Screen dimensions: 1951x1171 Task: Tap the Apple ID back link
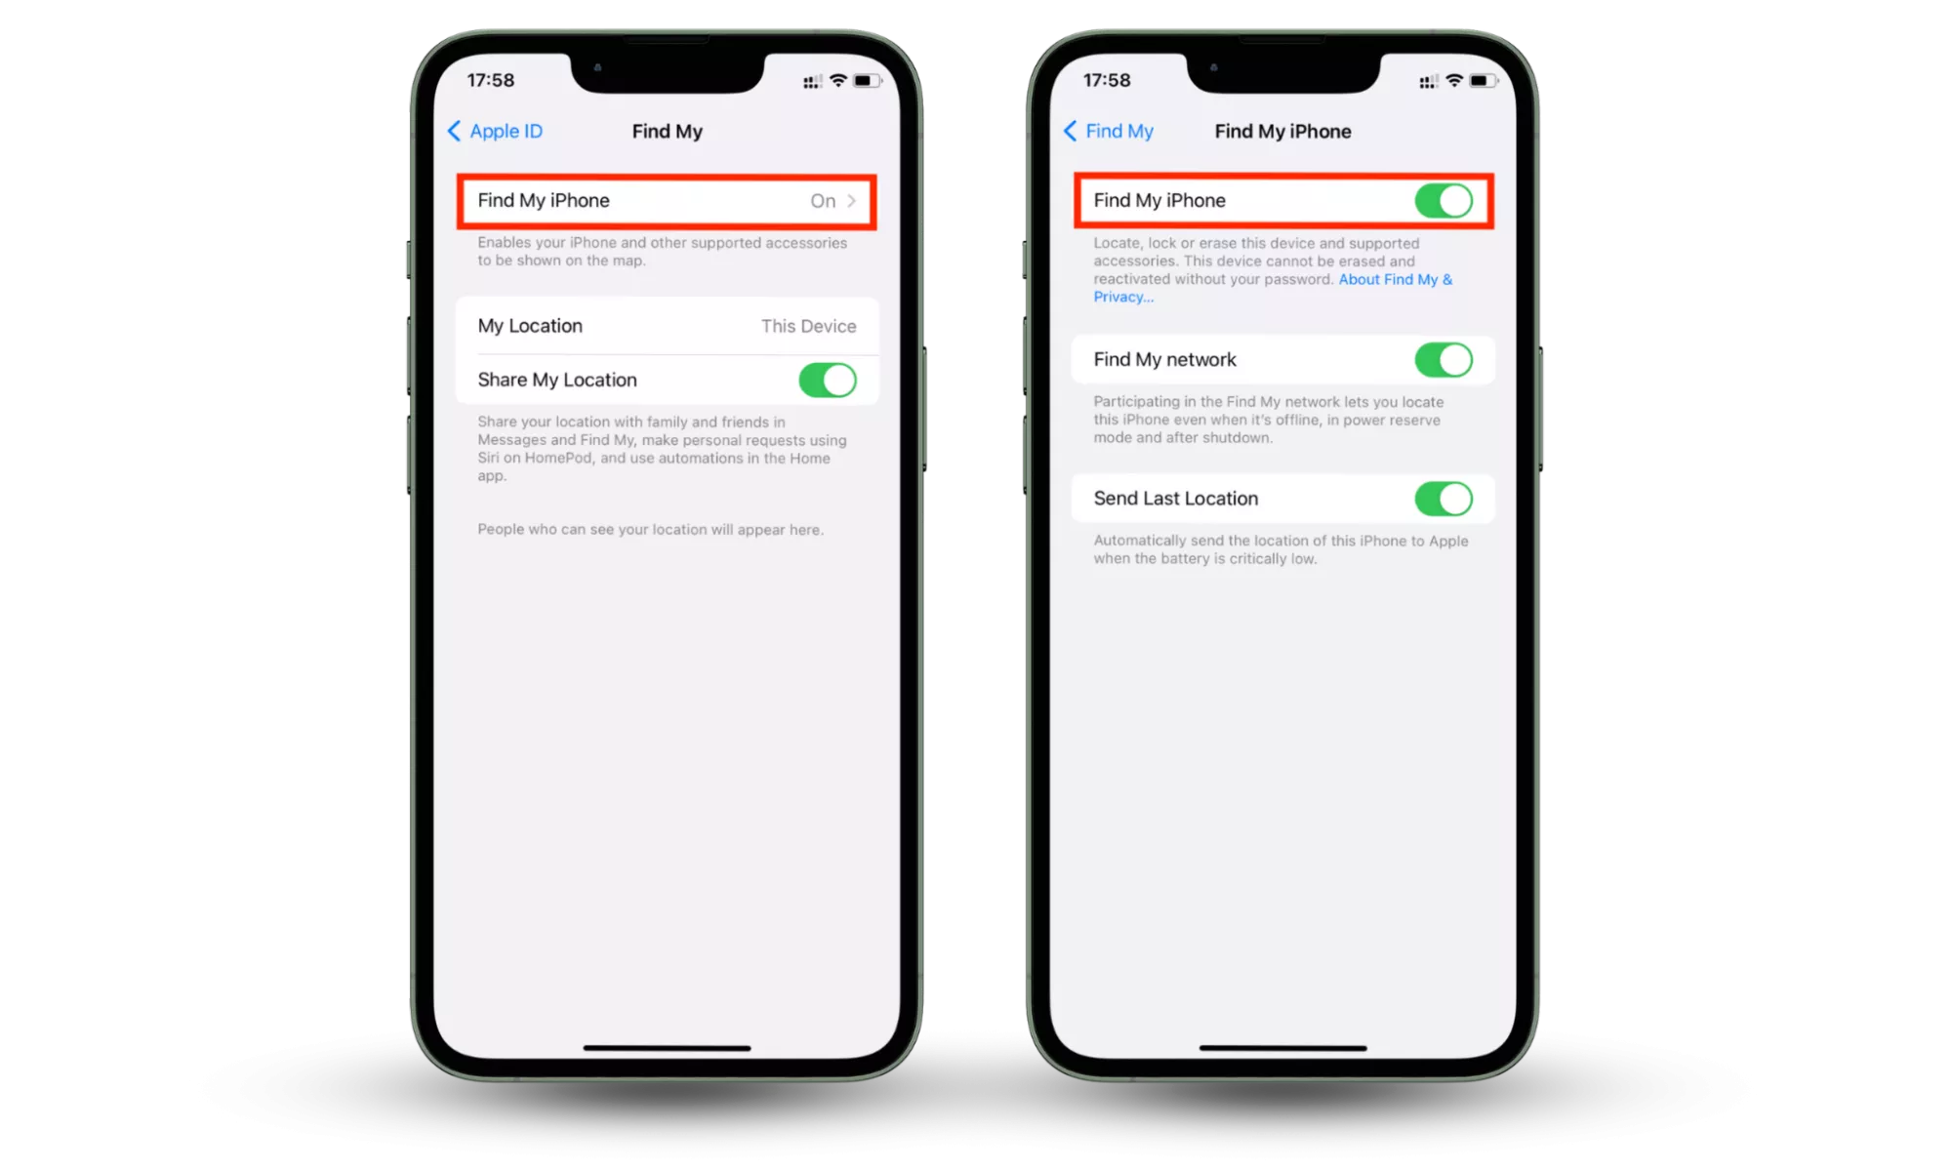(495, 131)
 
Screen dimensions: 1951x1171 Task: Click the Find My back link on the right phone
(1109, 131)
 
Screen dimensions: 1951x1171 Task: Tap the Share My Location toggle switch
(828, 380)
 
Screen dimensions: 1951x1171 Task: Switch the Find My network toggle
(1443, 360)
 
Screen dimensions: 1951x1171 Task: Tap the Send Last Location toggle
(1443, 499)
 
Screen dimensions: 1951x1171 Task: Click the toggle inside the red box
(1443, 201)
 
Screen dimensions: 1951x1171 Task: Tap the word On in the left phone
(823, 201)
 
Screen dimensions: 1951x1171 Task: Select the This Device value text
(809, 326)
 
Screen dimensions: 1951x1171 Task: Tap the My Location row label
(530, 326)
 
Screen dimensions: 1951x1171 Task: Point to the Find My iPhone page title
(1282, 131)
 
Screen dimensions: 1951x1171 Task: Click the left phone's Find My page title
(668, 131)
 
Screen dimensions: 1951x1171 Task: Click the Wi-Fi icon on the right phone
(1454, 80)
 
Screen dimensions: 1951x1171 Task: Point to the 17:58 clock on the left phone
(491, 80)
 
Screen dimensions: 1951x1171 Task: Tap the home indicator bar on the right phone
(1282, 1048)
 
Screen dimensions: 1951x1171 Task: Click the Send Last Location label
(1176, 499)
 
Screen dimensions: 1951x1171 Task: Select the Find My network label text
(1164, 360)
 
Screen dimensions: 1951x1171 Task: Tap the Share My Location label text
(557, 380)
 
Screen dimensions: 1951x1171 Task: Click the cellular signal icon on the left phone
(812, 82)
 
